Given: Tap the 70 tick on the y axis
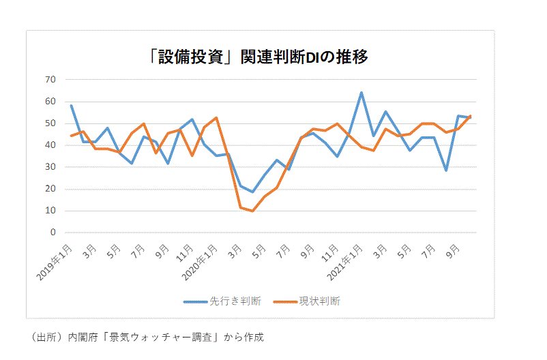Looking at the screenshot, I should click(50, 80).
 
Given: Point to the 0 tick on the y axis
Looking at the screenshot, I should click(52, 232).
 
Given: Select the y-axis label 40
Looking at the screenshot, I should click(50, 145).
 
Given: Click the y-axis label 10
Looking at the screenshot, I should click(50, 211).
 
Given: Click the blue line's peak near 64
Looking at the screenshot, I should click(361, 92).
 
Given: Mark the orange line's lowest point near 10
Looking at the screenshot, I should click(253, 211).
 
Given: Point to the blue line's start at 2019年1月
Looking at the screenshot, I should click(71, 105).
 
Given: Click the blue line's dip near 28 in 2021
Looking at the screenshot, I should click(446, 170).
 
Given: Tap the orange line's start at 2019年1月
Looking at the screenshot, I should click(71, 136).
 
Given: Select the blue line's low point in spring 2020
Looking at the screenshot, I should click(253, 192).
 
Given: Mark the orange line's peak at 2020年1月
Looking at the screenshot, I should click(216, 118).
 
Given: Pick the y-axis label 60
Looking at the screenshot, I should click(50, 102).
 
